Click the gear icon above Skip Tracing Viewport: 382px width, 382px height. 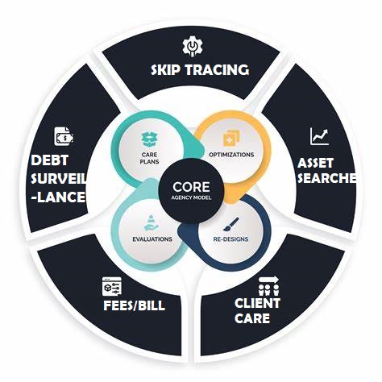(193, 48)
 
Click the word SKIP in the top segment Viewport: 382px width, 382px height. (165, 70)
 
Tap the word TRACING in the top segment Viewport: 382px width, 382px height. (217, 70)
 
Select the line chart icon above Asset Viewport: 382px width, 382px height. (319, 136)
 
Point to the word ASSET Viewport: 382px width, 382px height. (315, 163)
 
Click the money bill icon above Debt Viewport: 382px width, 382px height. (64, 136)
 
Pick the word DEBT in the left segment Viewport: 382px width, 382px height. (50, 160)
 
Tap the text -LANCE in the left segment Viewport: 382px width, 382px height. (59, 197)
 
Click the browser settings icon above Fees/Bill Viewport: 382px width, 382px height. (112, 286)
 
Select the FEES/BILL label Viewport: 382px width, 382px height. (134, 305)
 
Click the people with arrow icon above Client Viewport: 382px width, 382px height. (268, 286)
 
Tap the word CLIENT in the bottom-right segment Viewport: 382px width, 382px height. (257, 303)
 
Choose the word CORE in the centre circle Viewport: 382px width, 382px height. (191, 187)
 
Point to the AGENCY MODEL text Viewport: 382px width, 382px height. (191, 197)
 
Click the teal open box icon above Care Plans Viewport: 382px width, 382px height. (150, 139)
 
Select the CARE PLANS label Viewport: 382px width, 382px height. (150, 158)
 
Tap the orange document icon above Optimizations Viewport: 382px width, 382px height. (231, 138)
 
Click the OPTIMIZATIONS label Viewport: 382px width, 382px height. (231, 155)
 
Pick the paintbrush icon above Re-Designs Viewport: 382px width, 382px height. (231, 224)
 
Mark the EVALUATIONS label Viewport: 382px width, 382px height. (152, 239)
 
